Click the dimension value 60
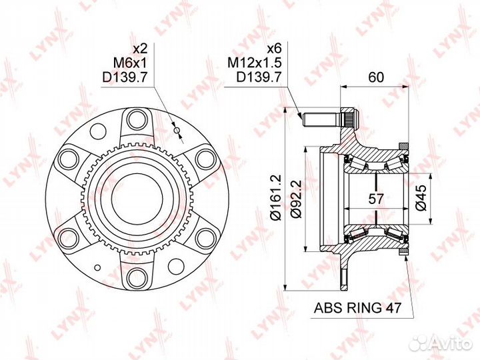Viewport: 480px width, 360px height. click(x=375, y=77)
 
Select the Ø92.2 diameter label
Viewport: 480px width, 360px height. click(x=297, y=199)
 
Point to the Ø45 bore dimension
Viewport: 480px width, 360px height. click(x=421, y=197)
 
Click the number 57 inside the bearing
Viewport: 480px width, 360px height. click(x=375, y=199)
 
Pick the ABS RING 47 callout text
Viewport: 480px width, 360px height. click(x=357, y=307)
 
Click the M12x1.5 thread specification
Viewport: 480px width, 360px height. click(x=254, y=63)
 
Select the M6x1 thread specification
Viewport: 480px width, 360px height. click(x=131, y=63)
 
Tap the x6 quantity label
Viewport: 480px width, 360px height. click(x=274, y=49)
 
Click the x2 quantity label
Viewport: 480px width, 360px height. click(x=141, y=49)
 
